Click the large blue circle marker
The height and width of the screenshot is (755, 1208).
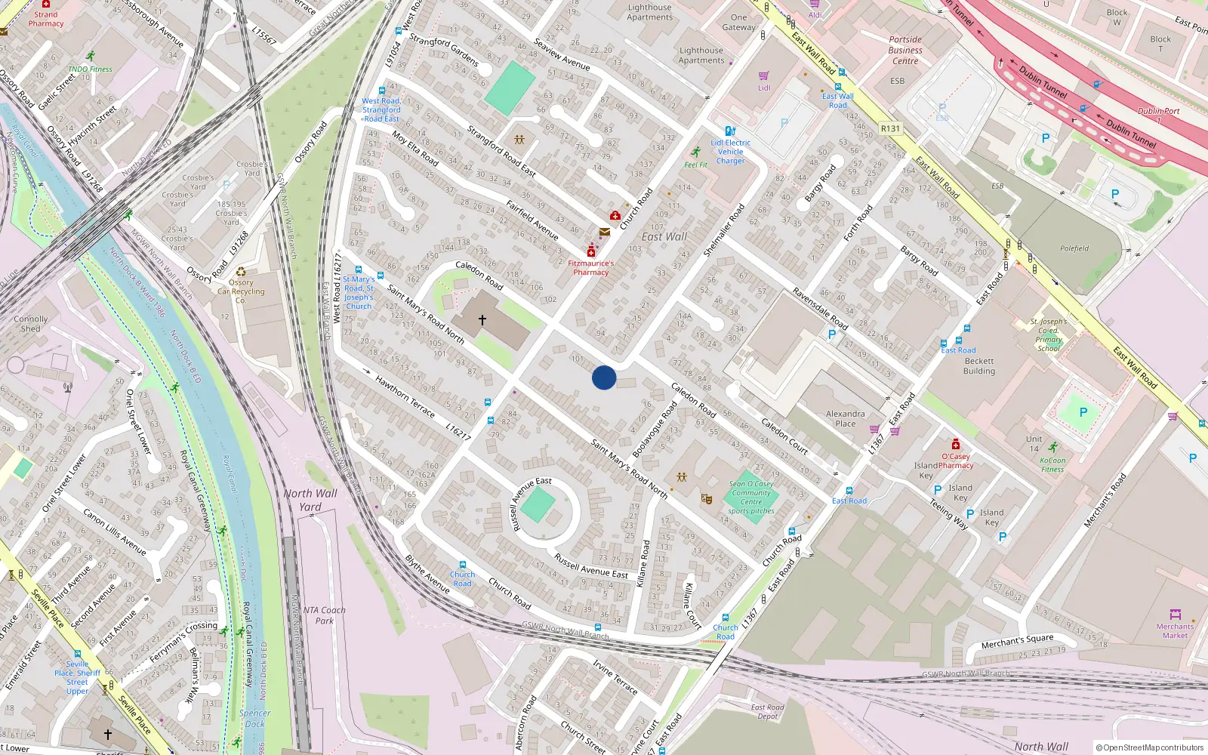[x=604, y=377]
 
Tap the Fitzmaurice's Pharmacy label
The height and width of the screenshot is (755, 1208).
[x=591, y=268]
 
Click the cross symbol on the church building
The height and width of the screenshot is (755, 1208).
[x=482, y=320]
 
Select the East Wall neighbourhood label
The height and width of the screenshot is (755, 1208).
[x=664, y=236]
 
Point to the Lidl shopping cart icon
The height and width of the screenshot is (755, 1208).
[x=764, y=76]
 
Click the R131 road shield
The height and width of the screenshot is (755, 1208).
[x=891, y=128]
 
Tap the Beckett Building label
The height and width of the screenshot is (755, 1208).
[x=979, y=366]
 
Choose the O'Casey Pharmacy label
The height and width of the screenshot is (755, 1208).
[x=955, y=461]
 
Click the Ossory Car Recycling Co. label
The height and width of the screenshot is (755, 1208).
[x=241, y=291]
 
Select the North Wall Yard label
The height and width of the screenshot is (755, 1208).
[x=310, y=500]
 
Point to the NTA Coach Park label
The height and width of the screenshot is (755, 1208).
[x=324, y=615]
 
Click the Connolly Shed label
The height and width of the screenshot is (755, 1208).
[x=31, y=324]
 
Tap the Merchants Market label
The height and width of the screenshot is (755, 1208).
[x=1175, y=630]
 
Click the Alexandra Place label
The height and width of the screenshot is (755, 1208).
[x=846, y=418]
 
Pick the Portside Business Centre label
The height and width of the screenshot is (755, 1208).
[x=905, y=51]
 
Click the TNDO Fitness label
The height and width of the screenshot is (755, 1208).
[x=90, y=69]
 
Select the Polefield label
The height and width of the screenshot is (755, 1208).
[x=1074, y=248]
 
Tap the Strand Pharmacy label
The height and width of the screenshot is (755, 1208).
[x=46, y=19]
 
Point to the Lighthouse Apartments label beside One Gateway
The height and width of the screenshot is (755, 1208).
[x=701, y=55]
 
